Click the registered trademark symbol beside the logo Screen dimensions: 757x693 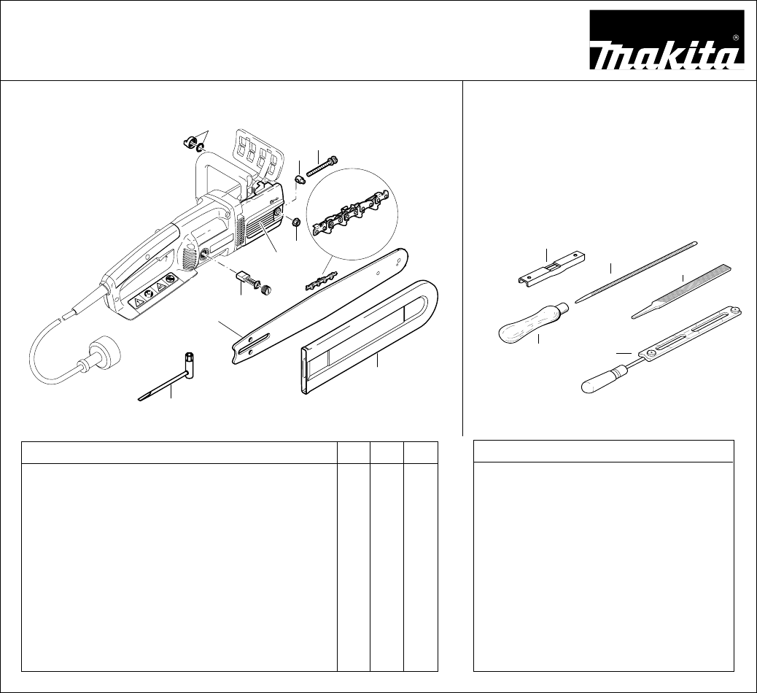pos(737,36)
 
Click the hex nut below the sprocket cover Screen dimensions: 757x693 pos(296,222)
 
